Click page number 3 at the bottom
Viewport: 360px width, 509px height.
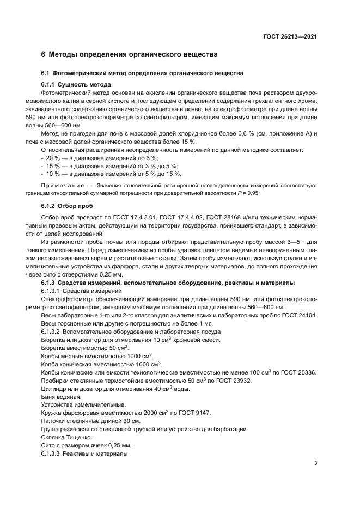coord(316,463)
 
